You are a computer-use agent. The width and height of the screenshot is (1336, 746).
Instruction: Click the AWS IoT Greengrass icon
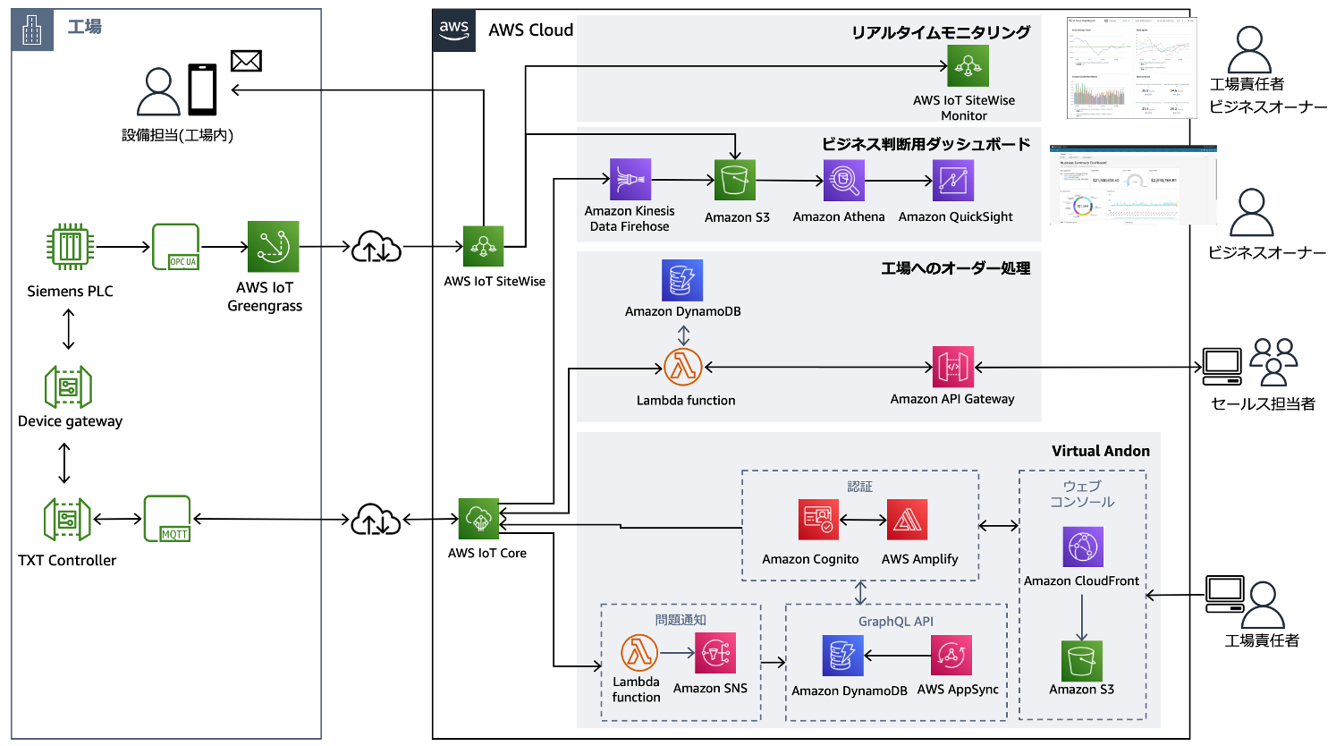273,246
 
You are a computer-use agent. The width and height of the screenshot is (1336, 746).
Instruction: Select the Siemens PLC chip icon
70,247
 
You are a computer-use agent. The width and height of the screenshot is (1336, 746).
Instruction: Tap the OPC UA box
175,247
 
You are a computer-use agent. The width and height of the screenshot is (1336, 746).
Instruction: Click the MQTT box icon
167,519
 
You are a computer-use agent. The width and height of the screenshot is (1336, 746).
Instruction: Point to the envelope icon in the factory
246,61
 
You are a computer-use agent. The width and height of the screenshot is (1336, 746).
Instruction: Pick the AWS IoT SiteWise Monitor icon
968,65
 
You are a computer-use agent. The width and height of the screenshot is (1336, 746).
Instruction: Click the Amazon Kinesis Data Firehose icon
630,180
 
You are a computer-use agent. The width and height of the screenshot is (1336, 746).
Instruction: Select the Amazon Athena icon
843,181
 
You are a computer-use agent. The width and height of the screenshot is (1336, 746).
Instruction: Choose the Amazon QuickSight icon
953,181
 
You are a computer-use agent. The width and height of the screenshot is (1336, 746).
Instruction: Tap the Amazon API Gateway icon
952,367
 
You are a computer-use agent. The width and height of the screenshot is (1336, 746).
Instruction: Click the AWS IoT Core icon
479,519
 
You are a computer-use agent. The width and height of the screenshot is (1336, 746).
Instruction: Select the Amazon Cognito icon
818,520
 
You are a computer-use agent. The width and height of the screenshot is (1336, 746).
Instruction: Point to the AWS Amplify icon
907,520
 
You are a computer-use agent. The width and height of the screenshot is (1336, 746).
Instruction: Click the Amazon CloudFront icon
1082,547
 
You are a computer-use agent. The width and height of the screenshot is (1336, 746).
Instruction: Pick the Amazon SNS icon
715,654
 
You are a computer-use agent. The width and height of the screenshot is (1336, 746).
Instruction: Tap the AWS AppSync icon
951,657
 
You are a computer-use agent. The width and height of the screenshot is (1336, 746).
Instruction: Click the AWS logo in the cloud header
454,29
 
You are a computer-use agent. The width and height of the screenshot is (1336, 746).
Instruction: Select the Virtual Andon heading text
1100,451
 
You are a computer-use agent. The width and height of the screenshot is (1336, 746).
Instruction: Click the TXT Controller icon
68,520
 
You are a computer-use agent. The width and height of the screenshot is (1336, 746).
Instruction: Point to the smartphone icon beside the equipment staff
202,89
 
